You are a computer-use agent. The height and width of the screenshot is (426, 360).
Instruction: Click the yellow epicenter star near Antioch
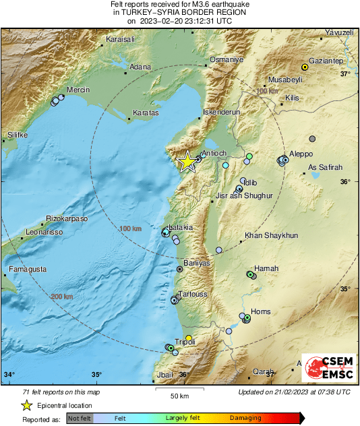(187, 161)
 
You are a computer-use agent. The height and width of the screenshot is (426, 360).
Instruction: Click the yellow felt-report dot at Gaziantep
(305, 67)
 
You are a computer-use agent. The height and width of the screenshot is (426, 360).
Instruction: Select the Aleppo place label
(301, 154)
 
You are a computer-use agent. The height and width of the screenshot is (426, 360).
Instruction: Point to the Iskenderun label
(222, 113)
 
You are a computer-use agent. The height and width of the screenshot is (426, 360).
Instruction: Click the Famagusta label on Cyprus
(28, 269)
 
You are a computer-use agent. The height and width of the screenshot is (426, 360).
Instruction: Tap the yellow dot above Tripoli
(189, 338)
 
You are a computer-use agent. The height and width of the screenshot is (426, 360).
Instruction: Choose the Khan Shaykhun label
(270, 235)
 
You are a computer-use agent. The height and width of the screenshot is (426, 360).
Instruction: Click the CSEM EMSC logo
(326, 368)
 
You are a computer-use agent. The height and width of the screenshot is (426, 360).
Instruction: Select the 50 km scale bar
(178, 389)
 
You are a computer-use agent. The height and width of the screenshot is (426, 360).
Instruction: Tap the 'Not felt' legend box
(80, 418)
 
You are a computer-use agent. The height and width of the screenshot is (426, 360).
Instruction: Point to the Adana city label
(140, 67)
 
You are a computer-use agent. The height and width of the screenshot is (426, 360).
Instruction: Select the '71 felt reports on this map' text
(61, 392)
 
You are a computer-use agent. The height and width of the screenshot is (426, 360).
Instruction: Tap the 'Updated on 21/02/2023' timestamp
(294, 392)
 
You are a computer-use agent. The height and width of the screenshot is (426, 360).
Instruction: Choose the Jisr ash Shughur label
(244, 195)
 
